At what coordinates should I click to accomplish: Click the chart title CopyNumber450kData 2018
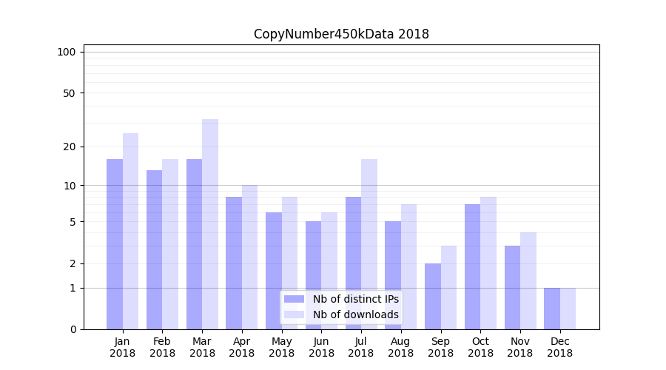click(341, 34)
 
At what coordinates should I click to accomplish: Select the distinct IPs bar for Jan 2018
click(115, 244)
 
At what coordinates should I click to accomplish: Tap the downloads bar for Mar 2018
click(210, 224)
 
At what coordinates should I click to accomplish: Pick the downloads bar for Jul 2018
click(369, 244)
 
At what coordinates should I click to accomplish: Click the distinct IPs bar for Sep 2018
click(433, 296)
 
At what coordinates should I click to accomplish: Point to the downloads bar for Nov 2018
click(528, 281)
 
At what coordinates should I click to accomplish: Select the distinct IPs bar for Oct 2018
click(472, 266)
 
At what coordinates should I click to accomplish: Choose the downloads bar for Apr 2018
click(250, 257)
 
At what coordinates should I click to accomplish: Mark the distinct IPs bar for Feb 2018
click(155, 249)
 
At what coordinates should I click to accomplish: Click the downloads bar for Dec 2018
click(568, 309)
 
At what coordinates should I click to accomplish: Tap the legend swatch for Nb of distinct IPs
click(294, 299)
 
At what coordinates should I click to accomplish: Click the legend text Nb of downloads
click(355, 314)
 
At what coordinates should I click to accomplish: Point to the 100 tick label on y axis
click(67, 52)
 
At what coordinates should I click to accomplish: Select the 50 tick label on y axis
click(69, 93)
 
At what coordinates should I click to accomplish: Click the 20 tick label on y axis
click(69, 147)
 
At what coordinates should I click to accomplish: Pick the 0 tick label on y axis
click(73, 329)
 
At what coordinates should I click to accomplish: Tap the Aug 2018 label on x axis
click(400, 347)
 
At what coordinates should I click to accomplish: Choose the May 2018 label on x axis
click(281, 347)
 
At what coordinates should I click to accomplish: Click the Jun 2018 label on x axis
click(321, 347)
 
